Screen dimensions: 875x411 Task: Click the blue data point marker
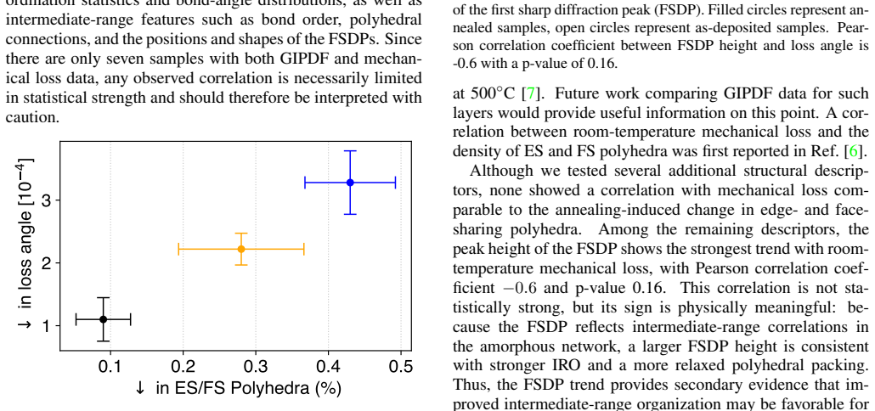pyautogui.click(x=350, y=183)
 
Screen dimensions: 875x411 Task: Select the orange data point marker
pyautogui.click(x=241, y=249)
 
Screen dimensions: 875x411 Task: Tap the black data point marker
pyautogui.click(x=104, y=319)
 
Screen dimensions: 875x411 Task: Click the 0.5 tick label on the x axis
pyautogui.click(x=401, y=366)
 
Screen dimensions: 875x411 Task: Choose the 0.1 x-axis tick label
pyautogui.click(x=110, y=366)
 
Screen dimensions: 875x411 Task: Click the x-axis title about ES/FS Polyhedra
pyautogui.click(x=238, y=388)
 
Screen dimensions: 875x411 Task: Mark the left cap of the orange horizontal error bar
pyautogui.click(x=178, y=249)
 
